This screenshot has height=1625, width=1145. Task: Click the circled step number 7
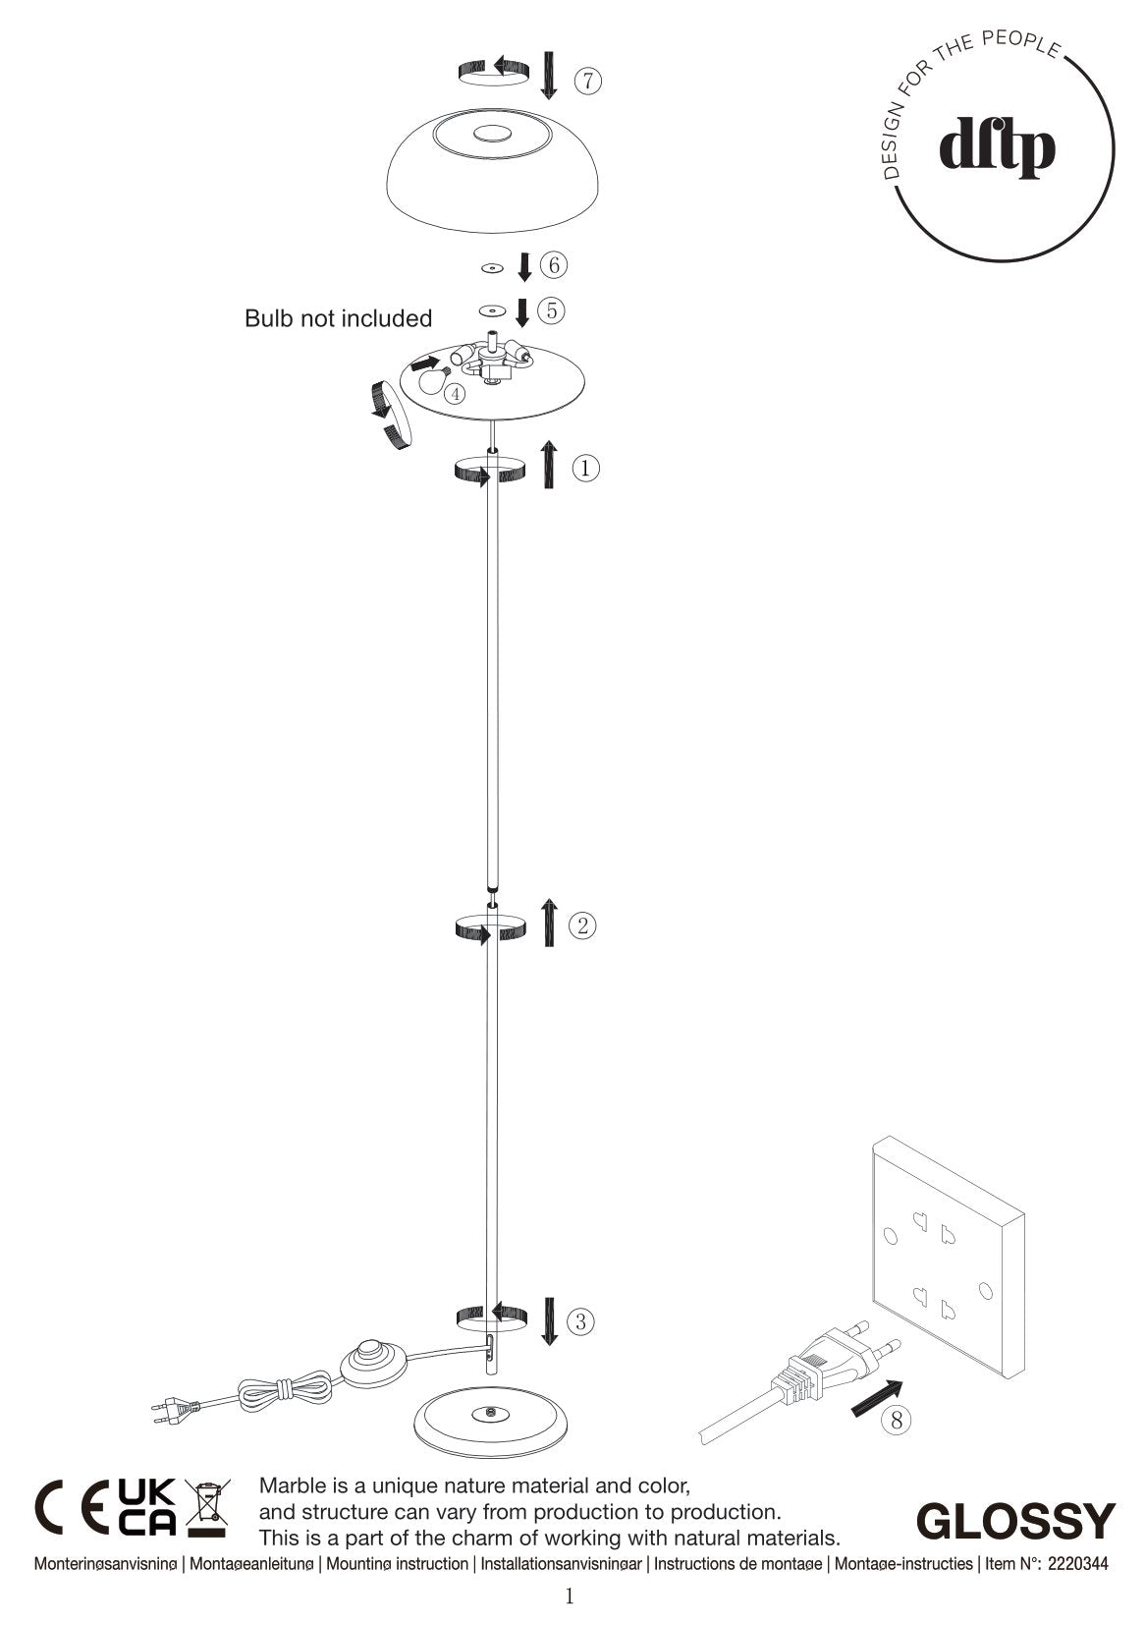[x=587, y=81]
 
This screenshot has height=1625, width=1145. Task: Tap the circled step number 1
[x=585, y=468]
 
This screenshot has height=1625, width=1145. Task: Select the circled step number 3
[x=581, y=1321]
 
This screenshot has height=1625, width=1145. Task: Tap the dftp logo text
[x=997, y=149]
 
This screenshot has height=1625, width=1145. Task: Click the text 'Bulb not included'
[x=338, y=318]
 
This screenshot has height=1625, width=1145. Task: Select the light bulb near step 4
[x=429, y=376]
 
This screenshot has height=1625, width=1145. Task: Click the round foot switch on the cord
[x=371, y=1362]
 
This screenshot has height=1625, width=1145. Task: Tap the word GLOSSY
[x=1015, y=1521]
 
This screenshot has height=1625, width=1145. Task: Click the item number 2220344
[x=1078, y=1563]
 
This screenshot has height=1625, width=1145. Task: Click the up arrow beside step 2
[x=549, y=922]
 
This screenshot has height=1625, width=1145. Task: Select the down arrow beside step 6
[x=524, y=266]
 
